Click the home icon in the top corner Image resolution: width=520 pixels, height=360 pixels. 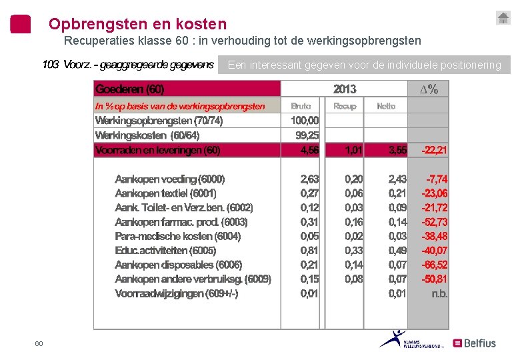point(503,18)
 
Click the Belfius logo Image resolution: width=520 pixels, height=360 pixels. point(474,343)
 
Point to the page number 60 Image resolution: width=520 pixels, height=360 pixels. point(39,343)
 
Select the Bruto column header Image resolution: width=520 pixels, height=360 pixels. point(301,106)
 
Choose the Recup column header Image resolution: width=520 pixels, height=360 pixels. point(345,106)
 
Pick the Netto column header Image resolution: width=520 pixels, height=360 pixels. point(386,106)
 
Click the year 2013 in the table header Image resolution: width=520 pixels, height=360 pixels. point(345,89)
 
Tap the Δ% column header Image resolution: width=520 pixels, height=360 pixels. point(429,89)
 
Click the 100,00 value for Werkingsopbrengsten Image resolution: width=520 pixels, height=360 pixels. point(305,121)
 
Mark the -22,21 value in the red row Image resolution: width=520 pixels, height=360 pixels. point(434,151)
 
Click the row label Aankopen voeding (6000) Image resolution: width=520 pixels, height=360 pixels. point(170,179)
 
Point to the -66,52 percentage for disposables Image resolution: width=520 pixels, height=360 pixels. point(435,265)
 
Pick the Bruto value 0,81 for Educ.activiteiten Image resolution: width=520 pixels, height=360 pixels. point(309,251)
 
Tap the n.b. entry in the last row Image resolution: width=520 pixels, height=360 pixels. point(439,294)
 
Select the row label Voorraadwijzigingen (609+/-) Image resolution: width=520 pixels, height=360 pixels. point(177,294)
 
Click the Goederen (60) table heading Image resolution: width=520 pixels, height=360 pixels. point(130,89)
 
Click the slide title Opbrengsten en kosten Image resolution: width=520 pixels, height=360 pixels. point(137,25)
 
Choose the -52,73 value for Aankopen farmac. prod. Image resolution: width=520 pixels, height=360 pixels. point(435,222)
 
